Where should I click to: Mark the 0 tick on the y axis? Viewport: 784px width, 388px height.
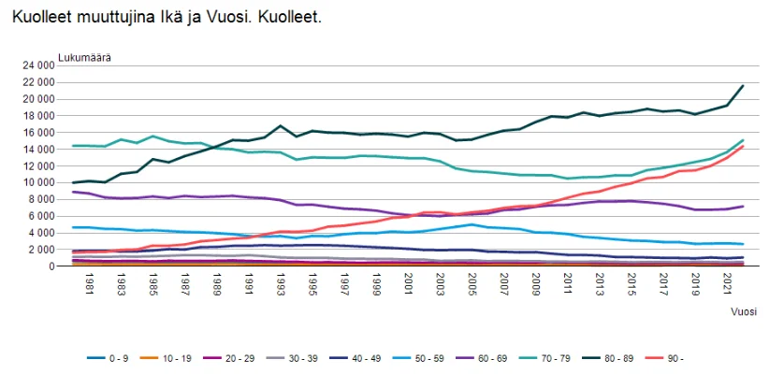[51, 266]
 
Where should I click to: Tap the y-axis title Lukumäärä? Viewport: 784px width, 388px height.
[83, 56]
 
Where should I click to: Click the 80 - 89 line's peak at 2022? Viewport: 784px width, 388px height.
[743, 85]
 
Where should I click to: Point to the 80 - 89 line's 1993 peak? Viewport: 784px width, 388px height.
[281, 125]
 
